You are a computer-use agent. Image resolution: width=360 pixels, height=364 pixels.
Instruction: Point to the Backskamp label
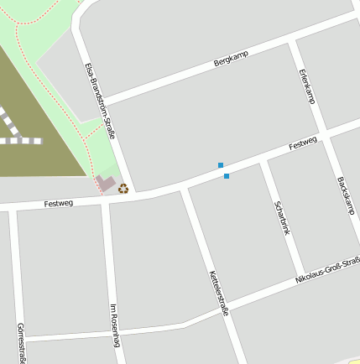pos(345,195)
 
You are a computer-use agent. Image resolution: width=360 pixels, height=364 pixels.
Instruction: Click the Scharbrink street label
pos(282,217)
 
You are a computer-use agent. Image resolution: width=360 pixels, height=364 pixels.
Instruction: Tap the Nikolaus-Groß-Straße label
pos(327,271)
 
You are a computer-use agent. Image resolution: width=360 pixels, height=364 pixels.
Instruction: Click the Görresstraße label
pos(19,341)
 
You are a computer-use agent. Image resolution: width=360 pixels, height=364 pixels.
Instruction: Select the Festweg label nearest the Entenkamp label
pos(302,145)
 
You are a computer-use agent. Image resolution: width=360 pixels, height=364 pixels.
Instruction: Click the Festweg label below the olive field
pos(59,203)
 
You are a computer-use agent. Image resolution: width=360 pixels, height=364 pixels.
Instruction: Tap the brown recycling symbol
pos(123,188)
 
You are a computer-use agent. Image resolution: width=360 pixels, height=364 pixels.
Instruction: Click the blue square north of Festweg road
pos(221,165)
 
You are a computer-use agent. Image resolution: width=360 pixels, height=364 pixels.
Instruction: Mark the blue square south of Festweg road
pos(227,176)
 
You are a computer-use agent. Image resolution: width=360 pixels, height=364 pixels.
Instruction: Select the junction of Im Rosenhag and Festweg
pos(104,201)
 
